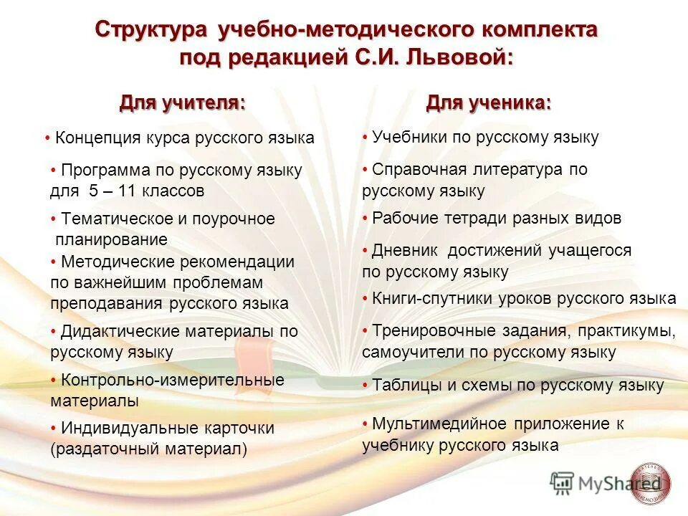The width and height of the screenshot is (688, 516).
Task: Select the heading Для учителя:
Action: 182,102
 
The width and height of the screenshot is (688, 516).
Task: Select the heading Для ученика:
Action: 489,102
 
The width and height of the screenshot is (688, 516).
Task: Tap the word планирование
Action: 111,239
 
